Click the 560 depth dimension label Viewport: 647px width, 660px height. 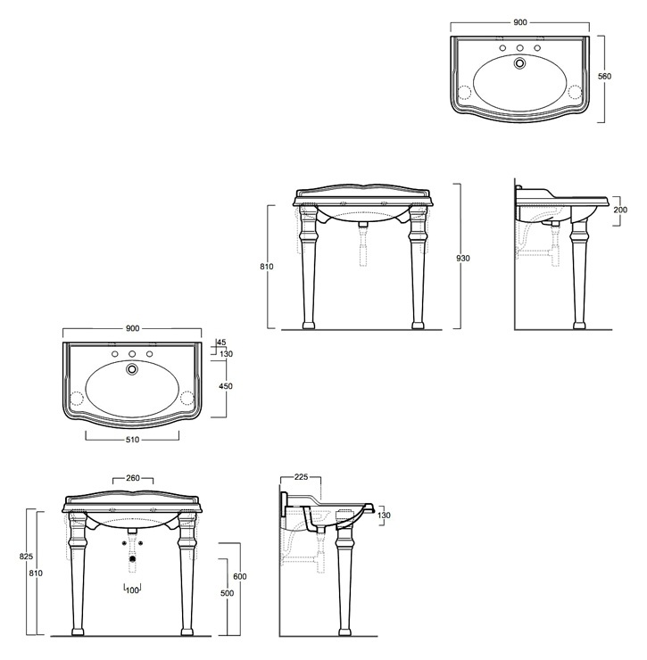(x=604, y=76)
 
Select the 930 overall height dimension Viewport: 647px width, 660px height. (x=463, y=258)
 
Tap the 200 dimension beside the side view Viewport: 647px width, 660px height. (x=620, y=210)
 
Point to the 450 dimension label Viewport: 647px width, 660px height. (x=226, y=386)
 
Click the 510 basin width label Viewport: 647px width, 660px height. (x=132, y=440)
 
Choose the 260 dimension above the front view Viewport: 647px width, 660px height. (x=133, y=478)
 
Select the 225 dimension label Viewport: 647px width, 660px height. (x=301, y=477)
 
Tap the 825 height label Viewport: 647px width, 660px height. (x=26, y=556)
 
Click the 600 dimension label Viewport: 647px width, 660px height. (x=240, y=576)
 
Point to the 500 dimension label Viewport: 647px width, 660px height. (x=227, y=593)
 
